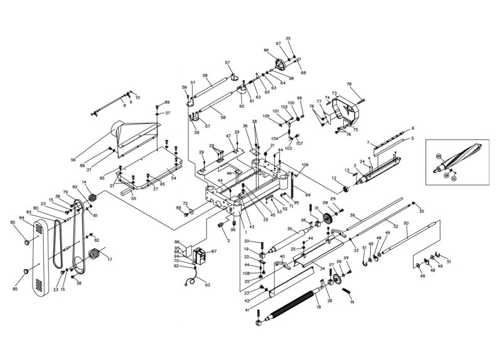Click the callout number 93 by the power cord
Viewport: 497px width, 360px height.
207,285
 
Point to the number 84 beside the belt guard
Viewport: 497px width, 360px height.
21,218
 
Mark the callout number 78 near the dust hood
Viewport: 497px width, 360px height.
350,84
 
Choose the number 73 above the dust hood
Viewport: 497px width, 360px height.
334,93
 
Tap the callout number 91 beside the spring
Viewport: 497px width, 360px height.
352,302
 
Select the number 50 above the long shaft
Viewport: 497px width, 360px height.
406,224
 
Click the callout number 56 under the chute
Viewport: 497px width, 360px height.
90,159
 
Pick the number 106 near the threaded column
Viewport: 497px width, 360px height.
305,166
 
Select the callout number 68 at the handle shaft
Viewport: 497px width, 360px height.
303,73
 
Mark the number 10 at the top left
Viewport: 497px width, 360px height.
137,98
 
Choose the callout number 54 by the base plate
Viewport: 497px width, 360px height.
173,178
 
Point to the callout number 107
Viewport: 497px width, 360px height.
299,144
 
